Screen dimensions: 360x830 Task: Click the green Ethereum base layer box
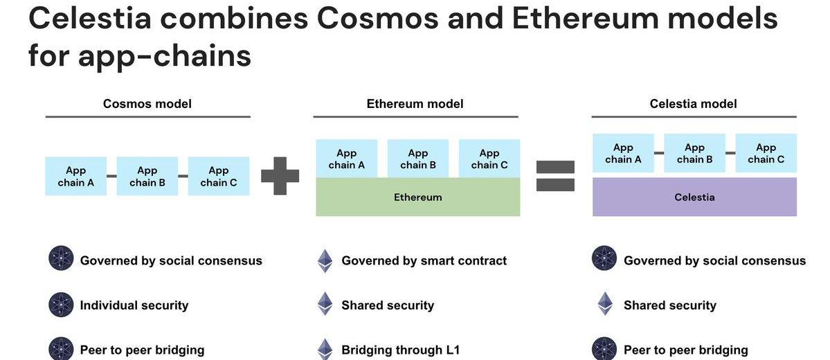[417, 197]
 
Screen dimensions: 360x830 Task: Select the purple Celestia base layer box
[694, 197]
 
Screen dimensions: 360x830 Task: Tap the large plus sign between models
[280, 176]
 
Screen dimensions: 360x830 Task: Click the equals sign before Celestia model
[555, 176]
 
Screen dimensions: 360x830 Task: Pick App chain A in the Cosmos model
[76, 176]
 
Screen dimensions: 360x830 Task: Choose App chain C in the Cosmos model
[218, 176]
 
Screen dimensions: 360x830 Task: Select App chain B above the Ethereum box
[417, 159]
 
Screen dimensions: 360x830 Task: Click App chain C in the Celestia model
[766, 153]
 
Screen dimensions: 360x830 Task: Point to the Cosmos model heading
[147, 104]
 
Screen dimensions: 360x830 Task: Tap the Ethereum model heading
[415, 104]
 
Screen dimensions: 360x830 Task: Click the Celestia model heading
[693, 104]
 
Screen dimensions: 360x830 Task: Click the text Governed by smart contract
[424, 261]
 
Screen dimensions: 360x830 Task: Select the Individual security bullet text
[134, 305]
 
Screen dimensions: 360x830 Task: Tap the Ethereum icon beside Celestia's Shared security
[605, 304]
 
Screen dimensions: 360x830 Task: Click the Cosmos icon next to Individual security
[61, 305]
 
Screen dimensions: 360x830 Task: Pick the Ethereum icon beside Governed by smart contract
[325, 261]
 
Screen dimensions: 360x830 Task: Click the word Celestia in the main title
[90, 19]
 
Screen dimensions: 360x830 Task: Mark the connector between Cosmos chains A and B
[111, 176]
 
